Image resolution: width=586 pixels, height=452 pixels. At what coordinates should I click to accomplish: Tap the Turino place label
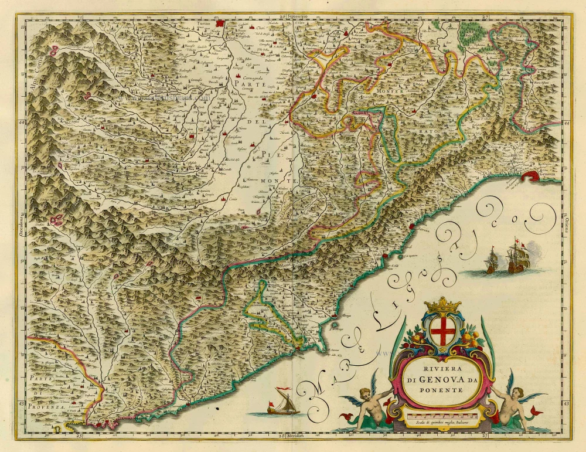click(x=202, y=24)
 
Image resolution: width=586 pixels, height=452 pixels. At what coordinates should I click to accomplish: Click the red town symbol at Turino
click(x=220, y=24)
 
